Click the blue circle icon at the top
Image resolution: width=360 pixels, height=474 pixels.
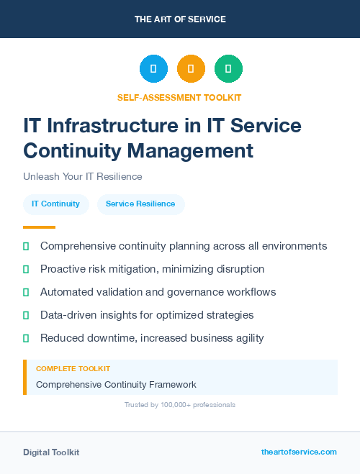click(x=153, y=69)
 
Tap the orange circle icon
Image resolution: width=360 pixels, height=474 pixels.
click(x=191, y=69)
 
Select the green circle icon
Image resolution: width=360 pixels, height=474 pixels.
click(x=228, y=69)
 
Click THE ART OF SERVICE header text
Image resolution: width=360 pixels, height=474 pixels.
click(x=180, y=19)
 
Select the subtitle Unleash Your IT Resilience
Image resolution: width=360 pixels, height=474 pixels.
click(x=83, y=176)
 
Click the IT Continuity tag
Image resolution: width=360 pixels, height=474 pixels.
click(x=56, y=204)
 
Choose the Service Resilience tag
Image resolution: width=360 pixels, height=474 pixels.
click(x=140, y=204)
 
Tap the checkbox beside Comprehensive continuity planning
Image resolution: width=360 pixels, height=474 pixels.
click(x=26, y=247)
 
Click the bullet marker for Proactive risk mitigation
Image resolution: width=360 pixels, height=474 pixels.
click(x=26, y=270)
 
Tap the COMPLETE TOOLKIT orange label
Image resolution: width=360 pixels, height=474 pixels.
click(x=73, y=368)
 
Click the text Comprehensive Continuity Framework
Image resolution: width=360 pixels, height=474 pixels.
click(x=116, y=384)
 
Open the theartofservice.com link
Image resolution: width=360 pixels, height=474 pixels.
click(x=299, y=452)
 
